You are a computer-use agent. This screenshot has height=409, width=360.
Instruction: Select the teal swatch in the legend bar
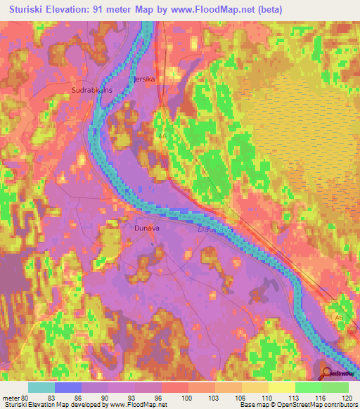[x=41, y=387]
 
